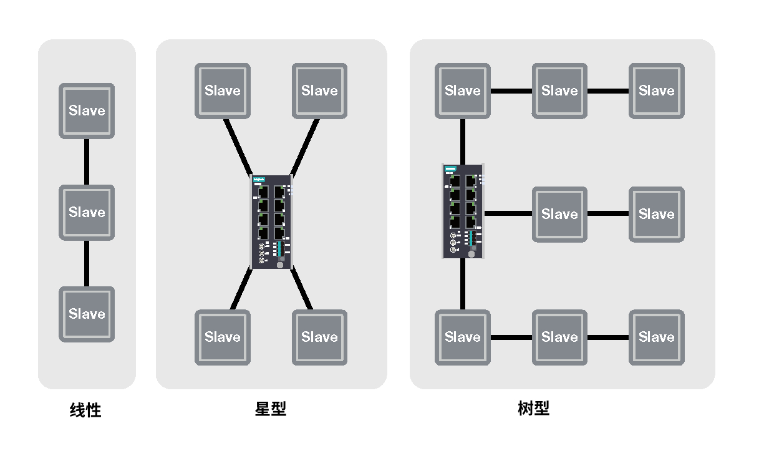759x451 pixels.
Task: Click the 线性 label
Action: point(85,410)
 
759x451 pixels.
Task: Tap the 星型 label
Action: point(271,409)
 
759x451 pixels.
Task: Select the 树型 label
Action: point(534,409)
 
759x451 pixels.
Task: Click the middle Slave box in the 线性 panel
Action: point(87,213)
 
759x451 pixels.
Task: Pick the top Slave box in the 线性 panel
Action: point(87,111)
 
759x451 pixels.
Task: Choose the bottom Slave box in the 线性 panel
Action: point(87,314)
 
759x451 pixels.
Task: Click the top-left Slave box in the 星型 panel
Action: point(223,91)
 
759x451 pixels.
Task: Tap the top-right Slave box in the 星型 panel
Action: point(319,91)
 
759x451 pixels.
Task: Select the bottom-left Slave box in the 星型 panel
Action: point(223,337)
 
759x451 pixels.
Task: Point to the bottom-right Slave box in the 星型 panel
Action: point(319,337)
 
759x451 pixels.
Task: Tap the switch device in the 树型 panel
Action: point(463,211)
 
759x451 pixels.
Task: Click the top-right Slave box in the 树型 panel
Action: point(657,91)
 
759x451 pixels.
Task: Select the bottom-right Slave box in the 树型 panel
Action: point(657,337)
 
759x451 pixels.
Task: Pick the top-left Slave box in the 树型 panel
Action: point(463,91)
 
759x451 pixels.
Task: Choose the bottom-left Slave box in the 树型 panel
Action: point(463,337)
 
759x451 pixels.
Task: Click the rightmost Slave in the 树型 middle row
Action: point(657,215)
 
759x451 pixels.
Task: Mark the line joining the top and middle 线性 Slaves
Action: point(87,162)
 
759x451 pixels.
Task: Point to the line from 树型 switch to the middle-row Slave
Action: point(508,213)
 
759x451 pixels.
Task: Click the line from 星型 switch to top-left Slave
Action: point(238,147)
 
